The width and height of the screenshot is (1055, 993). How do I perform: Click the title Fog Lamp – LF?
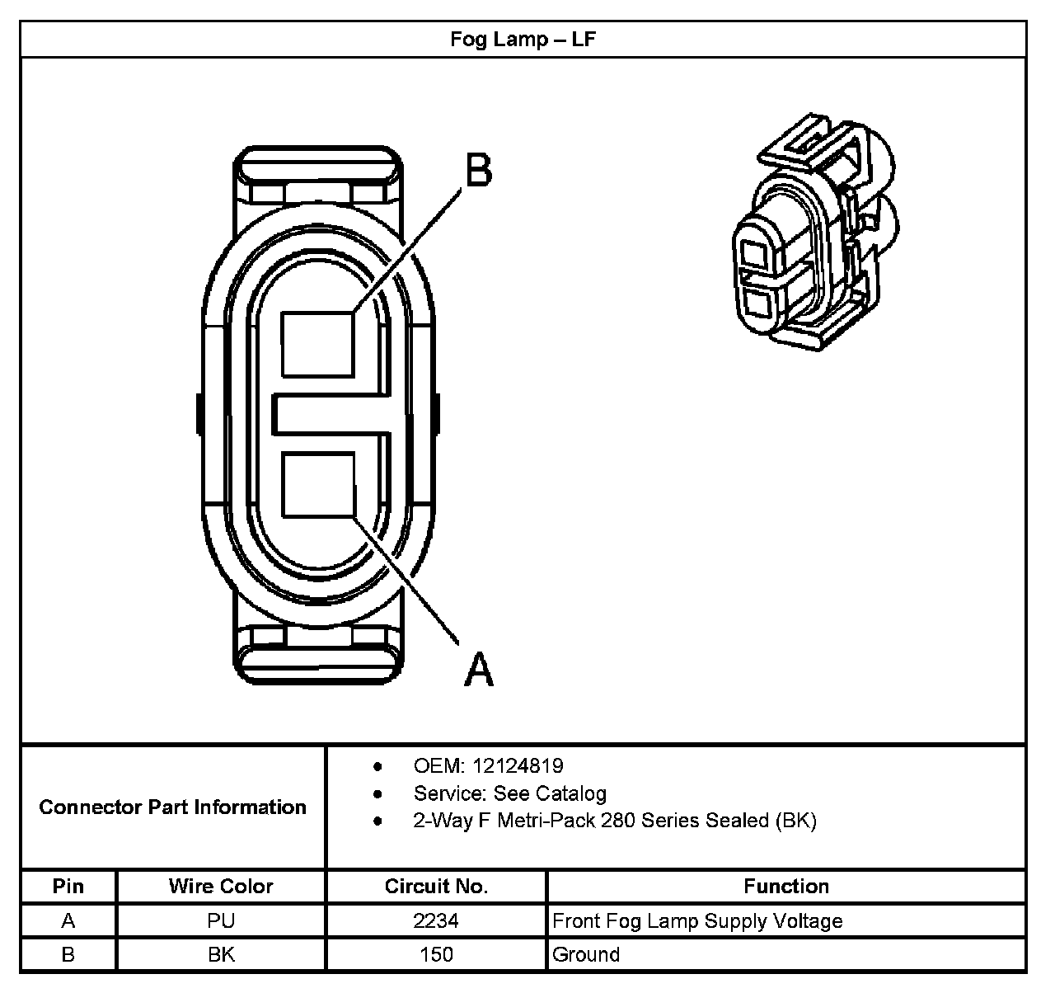pyautogui.click(x=523, y=39)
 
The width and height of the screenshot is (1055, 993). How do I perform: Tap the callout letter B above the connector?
pyautogui.click(x=479, y=171)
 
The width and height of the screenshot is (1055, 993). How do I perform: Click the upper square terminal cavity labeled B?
pyautogui.click(x=318, y=344)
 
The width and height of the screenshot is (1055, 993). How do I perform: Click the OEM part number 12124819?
pyautogui.click(x=518, y=766)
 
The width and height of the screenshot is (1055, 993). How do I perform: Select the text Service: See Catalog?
pyautogui.click(x=509, y=793)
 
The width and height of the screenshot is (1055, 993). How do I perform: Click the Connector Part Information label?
pyautogui.click(x=172, y=807)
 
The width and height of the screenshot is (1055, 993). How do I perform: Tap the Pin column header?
pyautogui.click(x=68, y=887)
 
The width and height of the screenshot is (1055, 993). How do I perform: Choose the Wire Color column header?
pyautogui.click(x=221, y=887)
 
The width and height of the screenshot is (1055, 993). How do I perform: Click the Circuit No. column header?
pyautogui.click(x=436, y=887)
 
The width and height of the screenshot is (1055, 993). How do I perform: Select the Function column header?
pyautogui.click(x=785, y=887)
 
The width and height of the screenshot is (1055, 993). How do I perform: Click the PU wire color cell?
pyautogui.click(x=221, y=920)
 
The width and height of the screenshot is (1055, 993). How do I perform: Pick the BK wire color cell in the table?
pyautogui.click(x=221, y=955)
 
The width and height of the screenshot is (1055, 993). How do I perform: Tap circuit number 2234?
pyautogui.click(x=436, y=920)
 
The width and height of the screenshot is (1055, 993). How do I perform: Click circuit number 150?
pyautogui.click(x=436, y=955)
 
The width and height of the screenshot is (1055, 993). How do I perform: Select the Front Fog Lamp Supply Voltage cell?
pyautogui.click(x=697, y=920)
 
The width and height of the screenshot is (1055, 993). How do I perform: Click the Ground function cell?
pyautogui.click(x=586, y=955)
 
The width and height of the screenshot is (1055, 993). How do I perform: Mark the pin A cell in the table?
pyautogui.click(x=68, y=920)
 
